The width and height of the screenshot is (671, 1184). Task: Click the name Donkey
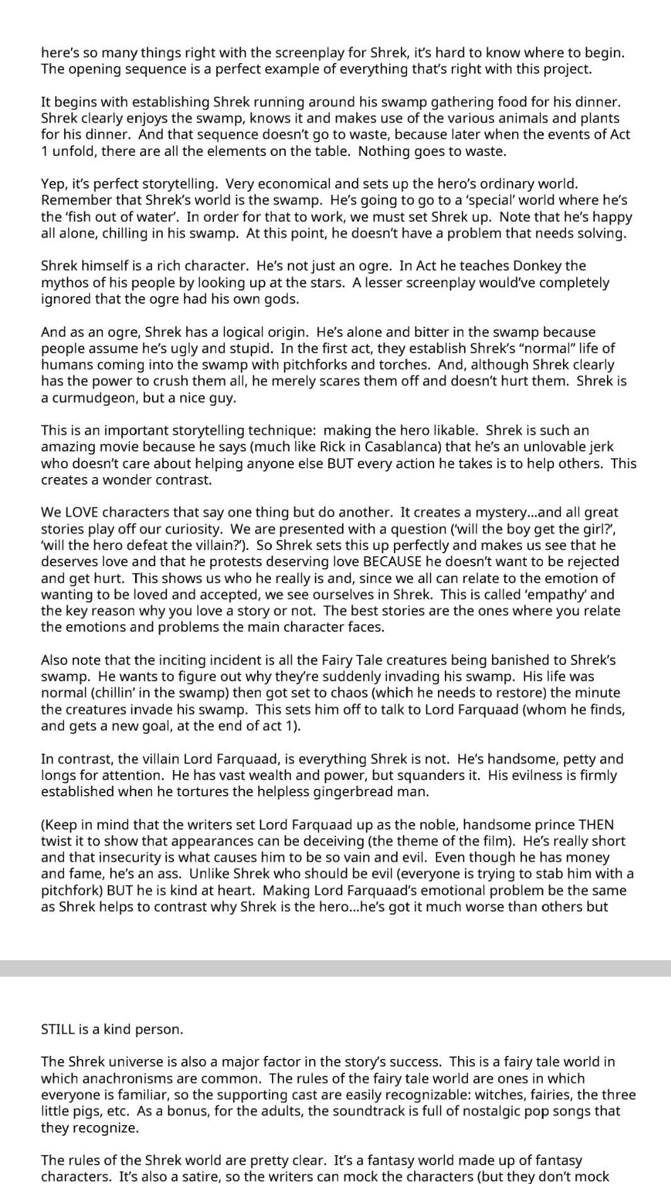click(x=542, y=266)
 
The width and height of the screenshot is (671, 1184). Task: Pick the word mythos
click(x=62, y=283)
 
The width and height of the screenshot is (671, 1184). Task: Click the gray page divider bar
click(x=335, y=968)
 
